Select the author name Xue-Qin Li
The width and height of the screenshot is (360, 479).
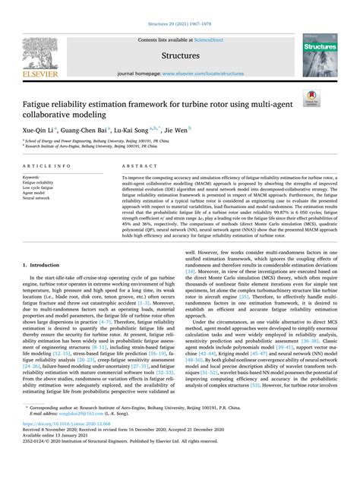36,130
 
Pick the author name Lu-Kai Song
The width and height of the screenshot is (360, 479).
140,130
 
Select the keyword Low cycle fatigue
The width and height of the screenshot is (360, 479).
43,188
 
